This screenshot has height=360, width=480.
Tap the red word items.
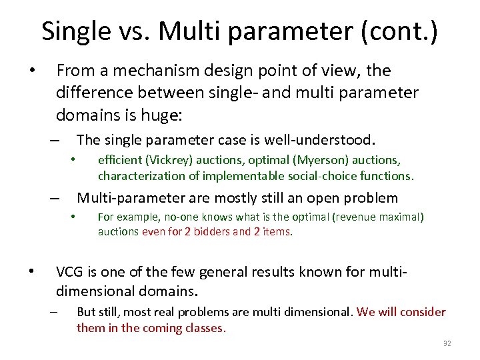[x=278, y=232]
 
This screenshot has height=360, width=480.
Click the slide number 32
[x=447, y=344]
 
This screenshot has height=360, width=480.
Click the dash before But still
[x=53, y=312]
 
